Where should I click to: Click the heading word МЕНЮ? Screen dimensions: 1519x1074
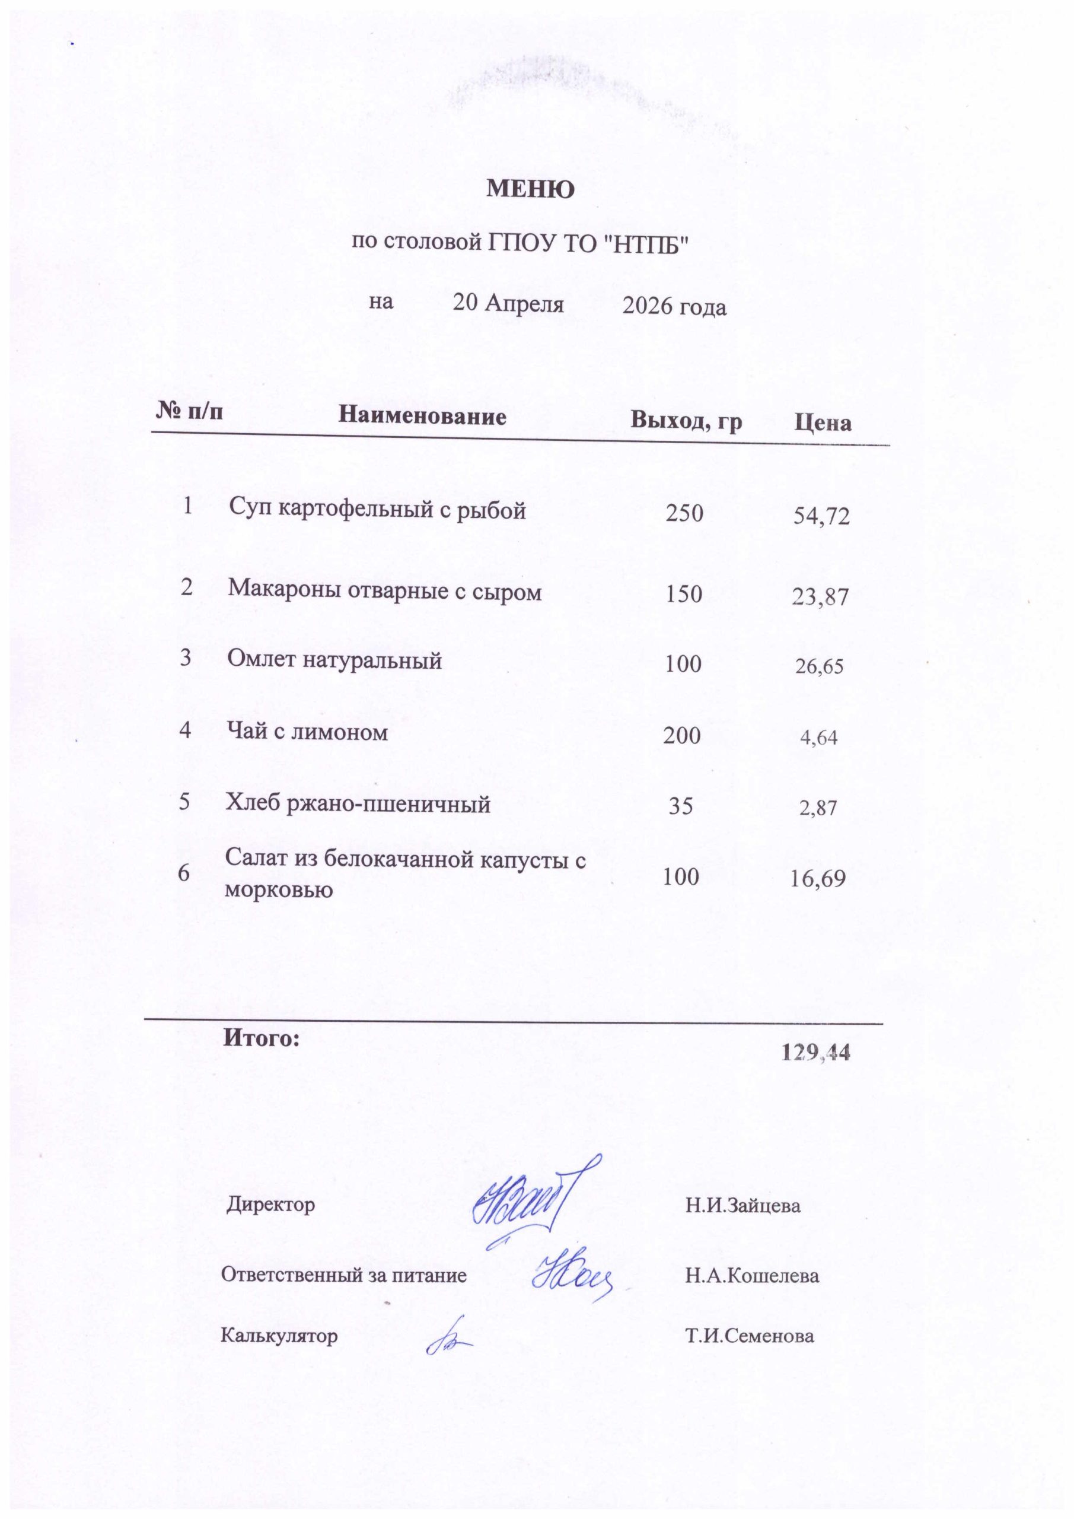pyautogui.click(x=530, y=190)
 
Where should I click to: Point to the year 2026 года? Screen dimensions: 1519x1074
pyautogui.click(x=674, y=307)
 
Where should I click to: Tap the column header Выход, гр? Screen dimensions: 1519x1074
pyautogui.click(x=686, y=421)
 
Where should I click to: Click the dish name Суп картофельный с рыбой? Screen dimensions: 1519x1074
pyautogui.click(x=378, y=510)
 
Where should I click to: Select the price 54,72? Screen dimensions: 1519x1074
pyautogui.click(x=821, y=517)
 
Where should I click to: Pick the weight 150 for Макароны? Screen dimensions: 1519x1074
pyautogui.click(x=684, y=593)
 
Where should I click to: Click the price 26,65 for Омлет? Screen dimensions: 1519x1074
pyautogui.click(x=820, y=666)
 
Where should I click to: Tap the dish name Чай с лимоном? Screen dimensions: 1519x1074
pyautogui.click(x=308, y=732)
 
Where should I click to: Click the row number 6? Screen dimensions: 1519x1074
pyautogui.click(x=184, y=873)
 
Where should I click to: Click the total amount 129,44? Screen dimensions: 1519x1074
pyautogui.click(x=815, y=1053)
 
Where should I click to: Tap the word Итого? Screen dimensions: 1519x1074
pyautogui.click(x=261, y=1038)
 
